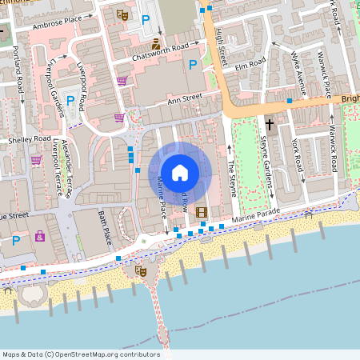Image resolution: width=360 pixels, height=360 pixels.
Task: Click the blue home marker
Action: point(179,172)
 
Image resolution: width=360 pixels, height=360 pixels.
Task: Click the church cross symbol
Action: point(270,125)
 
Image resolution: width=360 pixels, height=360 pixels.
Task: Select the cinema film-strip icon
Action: point(200,212)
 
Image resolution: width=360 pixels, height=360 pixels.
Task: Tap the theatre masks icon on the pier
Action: point(141,271)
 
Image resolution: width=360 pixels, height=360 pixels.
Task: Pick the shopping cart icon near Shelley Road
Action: point(36,160)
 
